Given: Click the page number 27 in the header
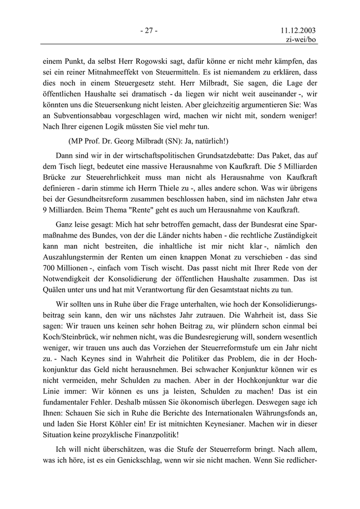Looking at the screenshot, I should coord(149,30).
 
